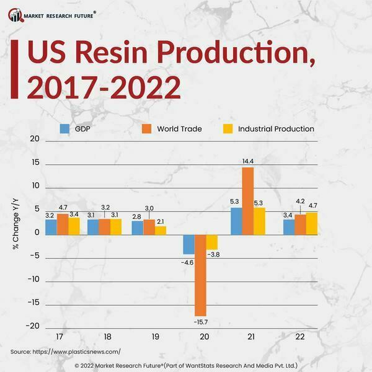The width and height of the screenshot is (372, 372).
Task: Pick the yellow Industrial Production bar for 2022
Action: (311, 223)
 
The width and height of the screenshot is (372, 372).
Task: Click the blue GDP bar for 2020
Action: (188, 244)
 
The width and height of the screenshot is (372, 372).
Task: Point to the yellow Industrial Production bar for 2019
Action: (161, 230)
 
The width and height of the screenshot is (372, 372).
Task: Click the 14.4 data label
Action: (248, 161)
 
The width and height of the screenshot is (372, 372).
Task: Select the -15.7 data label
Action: (200, 322)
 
